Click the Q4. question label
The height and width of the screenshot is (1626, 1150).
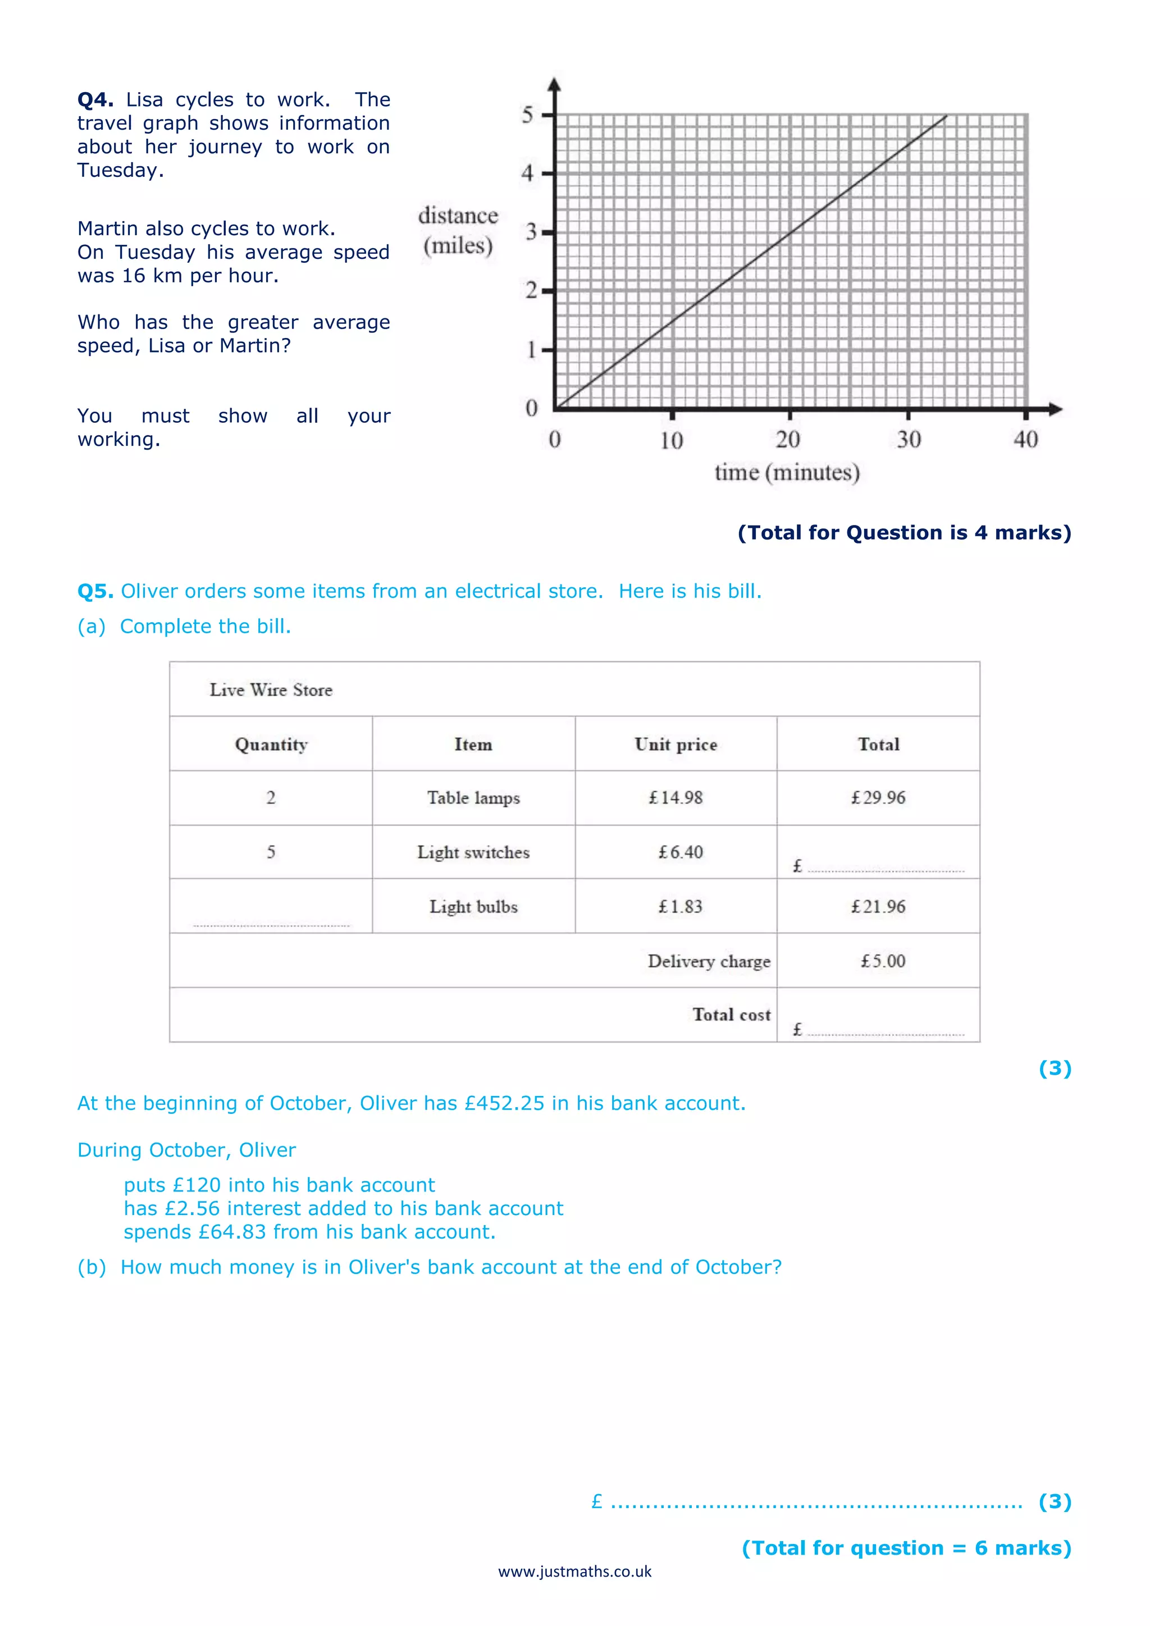pyautogui.click(x=95, y=100)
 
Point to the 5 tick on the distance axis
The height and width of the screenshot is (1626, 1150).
pyautogui.click(x=528, y=115)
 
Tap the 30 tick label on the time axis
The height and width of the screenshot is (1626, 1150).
pyautogui.click(x=909, y=440)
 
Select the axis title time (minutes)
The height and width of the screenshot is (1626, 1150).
pyautogui.click(x=787, y=472)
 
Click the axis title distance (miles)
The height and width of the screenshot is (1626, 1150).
pyautogui.click(x=458, y=231)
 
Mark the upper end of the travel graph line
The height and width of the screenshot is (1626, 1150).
pyautogui.click(x=946, y=116)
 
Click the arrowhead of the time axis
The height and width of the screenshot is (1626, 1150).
pyautogui.click(x=1056, y=409)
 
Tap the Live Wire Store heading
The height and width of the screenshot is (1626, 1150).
pyautogui.click(x=271, y=690)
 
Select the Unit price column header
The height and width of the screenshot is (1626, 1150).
pyautogui.click(x=676, y=745)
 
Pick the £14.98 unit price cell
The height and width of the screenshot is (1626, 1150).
pyautogui.click(x=676, y=798)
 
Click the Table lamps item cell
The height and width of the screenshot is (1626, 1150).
pyautogui.click(x=473, y=798)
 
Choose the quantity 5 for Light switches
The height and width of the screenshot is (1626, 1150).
pyautogui.click(x=271, y=852)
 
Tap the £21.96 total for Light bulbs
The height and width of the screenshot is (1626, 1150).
pyautogui.click(x=878, y=906)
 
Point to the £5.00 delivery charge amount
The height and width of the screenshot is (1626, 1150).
pyautogui.click(x=882, y=961)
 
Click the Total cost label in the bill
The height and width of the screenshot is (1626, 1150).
pyautogui.click(x=731, y=1015)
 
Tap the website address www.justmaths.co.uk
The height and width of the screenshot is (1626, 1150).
pyautogui.click(x=574, y=1572)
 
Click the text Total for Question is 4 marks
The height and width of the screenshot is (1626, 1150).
pyautogui.click(x=904, y=533)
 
